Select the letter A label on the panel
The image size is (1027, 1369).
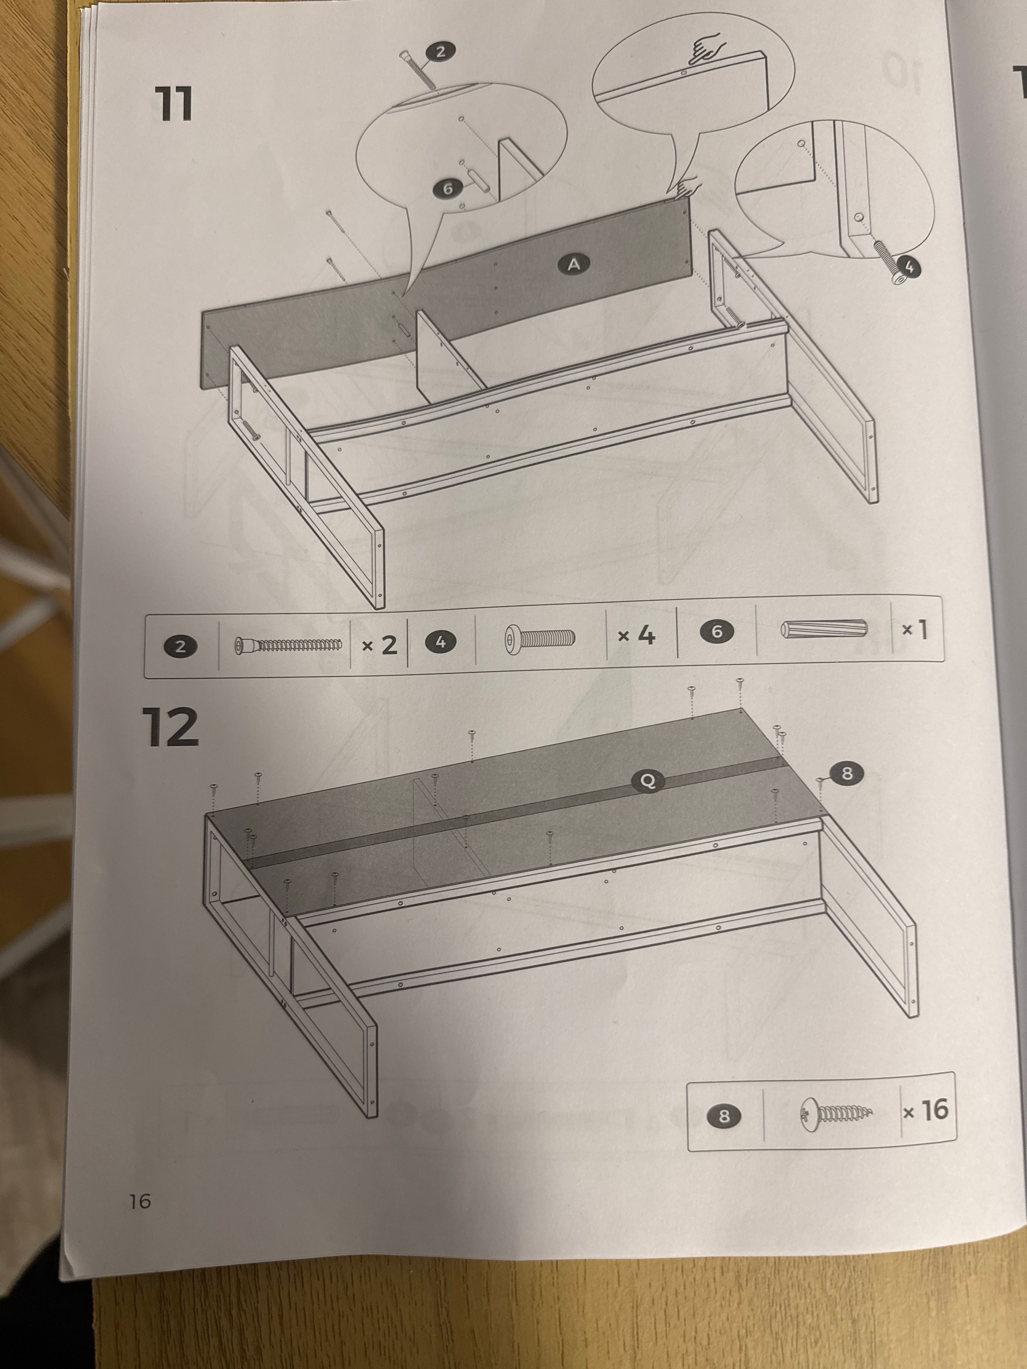[574, 265]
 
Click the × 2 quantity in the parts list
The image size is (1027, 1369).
[379, 645]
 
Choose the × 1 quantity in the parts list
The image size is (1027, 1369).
[914, 630]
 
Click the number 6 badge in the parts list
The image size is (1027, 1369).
[717, 631]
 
